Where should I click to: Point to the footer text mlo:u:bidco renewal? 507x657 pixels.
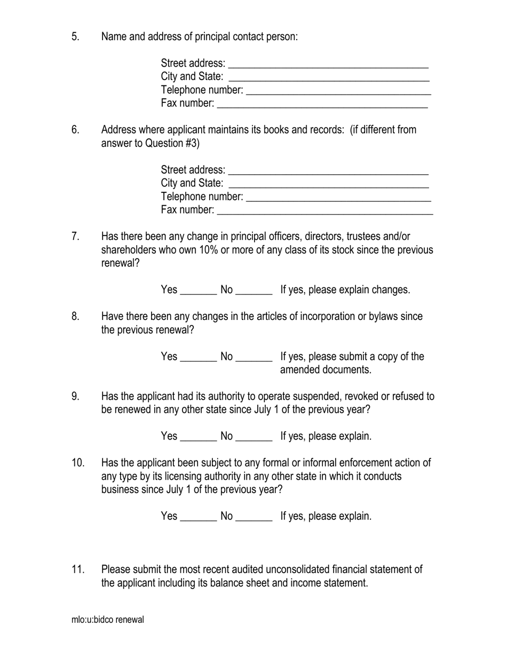pyautogui.click(x=107, y=620)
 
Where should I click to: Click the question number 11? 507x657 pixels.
pyautogui.click(x=78, y=569)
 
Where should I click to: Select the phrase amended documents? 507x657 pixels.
pyautogui.click(x=326, y=370)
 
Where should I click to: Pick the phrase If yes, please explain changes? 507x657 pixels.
pyautogui.click(x=345, y=290)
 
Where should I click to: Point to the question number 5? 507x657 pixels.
pyautogui.click(x=75, y=36)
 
